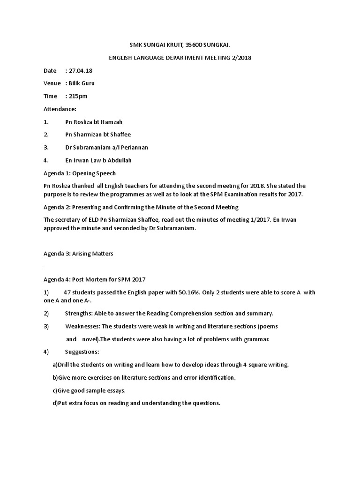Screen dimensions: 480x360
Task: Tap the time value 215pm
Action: click(x=78, y=96)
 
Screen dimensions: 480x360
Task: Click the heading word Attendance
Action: click(x=59, y=109)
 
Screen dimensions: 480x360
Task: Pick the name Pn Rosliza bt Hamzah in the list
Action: click(x=94, y=122)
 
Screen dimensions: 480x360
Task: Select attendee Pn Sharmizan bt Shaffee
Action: click(x=98, y=135)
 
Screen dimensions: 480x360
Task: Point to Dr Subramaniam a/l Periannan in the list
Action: click(x=106, y=147)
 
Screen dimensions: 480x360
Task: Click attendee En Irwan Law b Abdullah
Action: click(x=98, y=160)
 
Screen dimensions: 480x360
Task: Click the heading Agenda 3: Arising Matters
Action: click(x=78, y=254)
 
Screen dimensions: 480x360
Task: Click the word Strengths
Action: click(x=81, y=313)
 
